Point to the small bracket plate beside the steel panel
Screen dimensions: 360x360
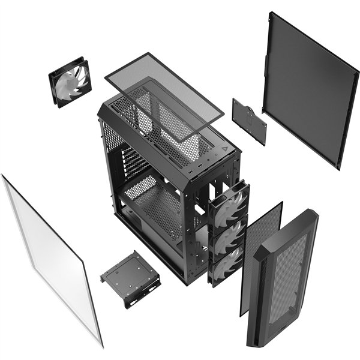(250, 120)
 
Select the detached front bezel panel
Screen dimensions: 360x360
(282, 282)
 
